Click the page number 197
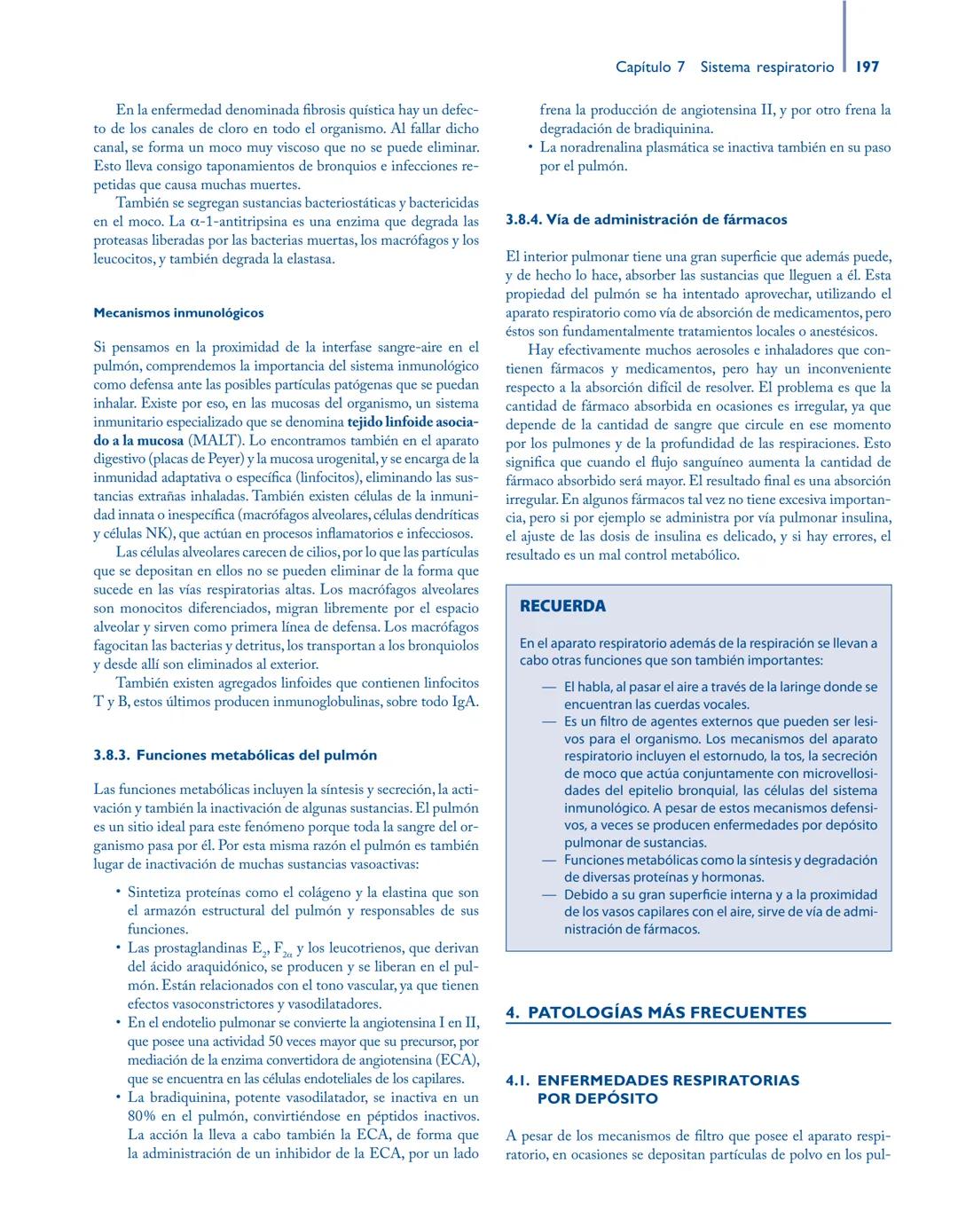868,67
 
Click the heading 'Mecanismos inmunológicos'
178,313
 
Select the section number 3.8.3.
112,756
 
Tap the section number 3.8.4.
523,219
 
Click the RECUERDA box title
562,607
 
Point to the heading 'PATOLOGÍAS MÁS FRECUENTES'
667,1012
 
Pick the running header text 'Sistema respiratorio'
766,67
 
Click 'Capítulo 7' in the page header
650,67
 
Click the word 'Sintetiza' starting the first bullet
156,893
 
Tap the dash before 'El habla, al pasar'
550,688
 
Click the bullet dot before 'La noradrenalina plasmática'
529,148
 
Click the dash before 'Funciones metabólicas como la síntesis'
550,861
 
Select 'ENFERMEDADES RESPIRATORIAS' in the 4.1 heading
668,1081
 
